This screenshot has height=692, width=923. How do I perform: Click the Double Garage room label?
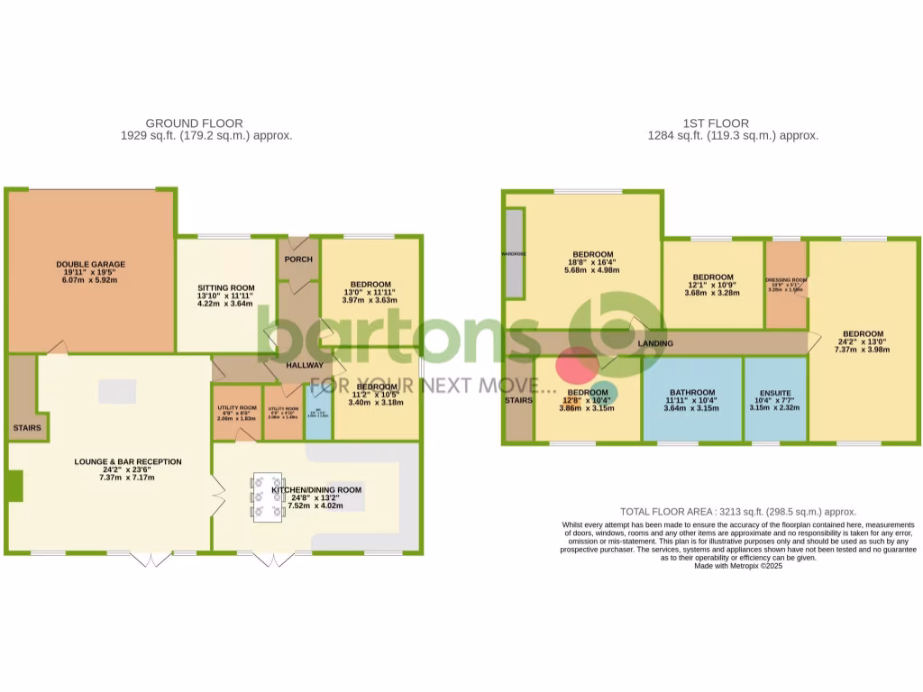(90, 264)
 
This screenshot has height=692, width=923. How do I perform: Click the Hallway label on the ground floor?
(304, 366)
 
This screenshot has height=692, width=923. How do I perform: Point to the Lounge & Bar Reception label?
(127, 461)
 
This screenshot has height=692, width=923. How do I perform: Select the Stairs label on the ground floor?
(26, 428)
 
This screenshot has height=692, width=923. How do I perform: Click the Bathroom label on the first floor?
(690, 393)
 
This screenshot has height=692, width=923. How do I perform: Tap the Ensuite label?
(774, 394)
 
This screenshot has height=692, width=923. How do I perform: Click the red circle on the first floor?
(576, 367)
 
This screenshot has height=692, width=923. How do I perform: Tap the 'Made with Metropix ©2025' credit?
(738, 566)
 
